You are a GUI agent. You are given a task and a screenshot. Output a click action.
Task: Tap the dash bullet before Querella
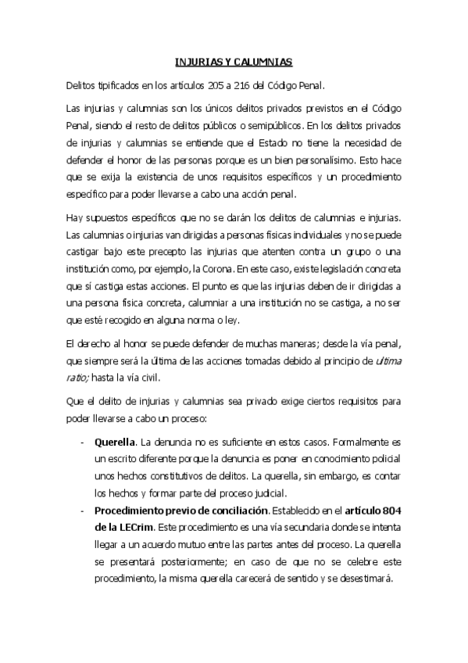pos(83,441)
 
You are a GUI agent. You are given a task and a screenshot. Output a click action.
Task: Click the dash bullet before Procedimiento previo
pos(83,511)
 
